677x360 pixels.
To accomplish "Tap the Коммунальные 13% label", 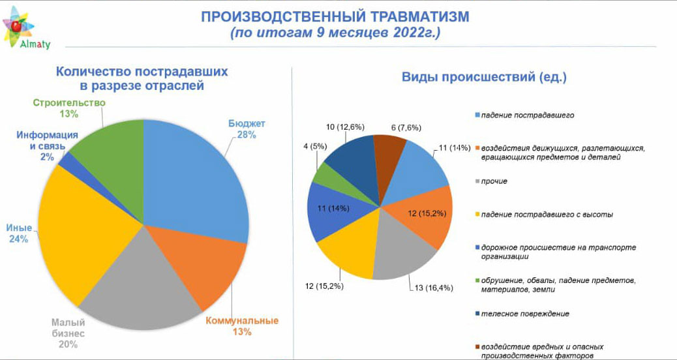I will pyautogui.click(x=242, y=326).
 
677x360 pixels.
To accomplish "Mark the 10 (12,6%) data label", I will pyautogui.click(x=345, y=127).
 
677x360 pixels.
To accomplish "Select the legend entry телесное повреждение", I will pyautogui.click(x=525, y=314).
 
